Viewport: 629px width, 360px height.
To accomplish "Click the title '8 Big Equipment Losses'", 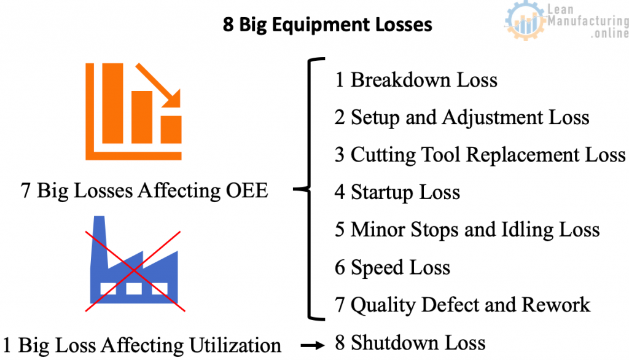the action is click(x=327, y=25).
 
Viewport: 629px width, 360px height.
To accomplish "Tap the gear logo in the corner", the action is click(x=525, y=20).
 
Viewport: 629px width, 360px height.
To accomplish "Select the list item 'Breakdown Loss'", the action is click(x=424, y=79).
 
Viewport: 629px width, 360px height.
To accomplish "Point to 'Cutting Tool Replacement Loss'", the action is click(x=488, y=155).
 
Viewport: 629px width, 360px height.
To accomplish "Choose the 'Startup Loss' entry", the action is click(x=405, y=192).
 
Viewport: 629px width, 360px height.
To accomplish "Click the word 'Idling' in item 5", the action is click(x=527, y=230).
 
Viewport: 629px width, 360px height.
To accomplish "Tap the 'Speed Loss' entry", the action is click(x=400, y=267).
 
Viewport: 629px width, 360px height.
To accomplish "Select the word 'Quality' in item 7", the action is click(x=383, y=305).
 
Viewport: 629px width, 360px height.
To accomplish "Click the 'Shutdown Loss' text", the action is click(x=418, y=343).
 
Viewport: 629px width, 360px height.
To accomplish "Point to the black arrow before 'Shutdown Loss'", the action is click(x=313, y=345).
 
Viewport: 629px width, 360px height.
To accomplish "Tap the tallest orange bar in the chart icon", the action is click(x=113, y=103).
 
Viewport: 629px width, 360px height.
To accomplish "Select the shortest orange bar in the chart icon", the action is click(x=171, y=130).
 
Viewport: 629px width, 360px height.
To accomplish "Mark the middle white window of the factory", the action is click(x=133, y=289).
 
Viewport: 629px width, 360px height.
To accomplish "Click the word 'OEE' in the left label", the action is click(x=247, y=190).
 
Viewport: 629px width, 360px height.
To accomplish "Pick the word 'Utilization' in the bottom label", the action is click(x=235, y=345).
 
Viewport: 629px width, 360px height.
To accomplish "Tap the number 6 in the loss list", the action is click(x=340, y=267).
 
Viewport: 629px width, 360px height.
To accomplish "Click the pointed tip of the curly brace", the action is click(x=294, y=189).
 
